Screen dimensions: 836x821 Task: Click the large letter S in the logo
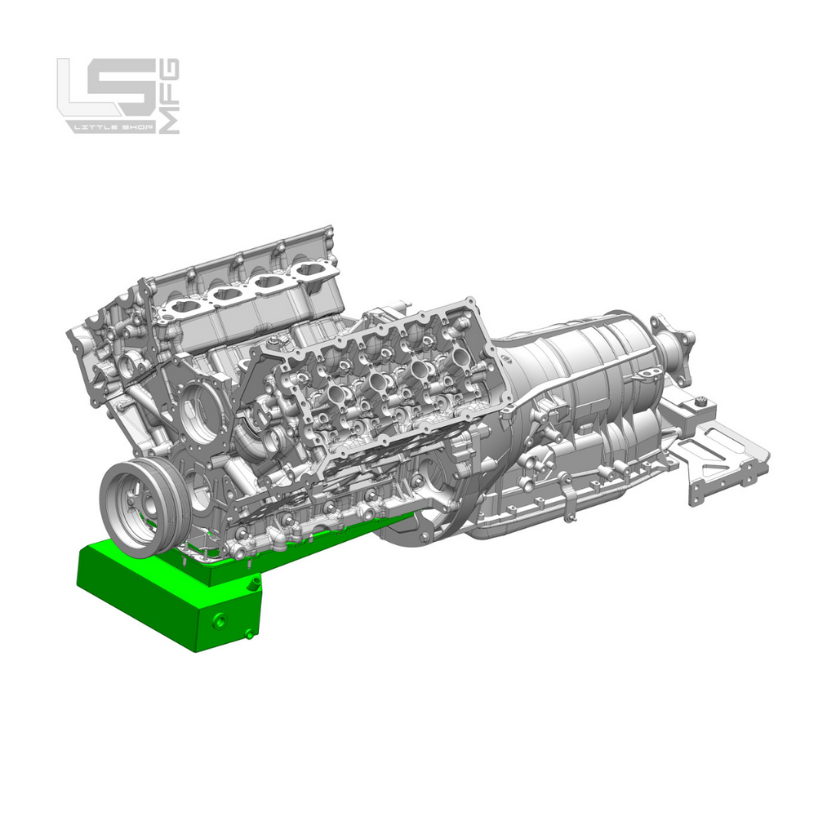pyautogui.click(x=132, y=88)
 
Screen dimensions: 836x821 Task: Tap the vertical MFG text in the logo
pyautogui.click(x=171, y=96)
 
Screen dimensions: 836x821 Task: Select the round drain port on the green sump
pyautogui.click(x=220, y=621)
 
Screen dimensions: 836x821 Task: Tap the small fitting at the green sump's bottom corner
pyautogui.click(x=248, y=634)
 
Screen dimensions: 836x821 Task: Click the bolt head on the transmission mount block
pyautogui.click(x=699, y=401)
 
